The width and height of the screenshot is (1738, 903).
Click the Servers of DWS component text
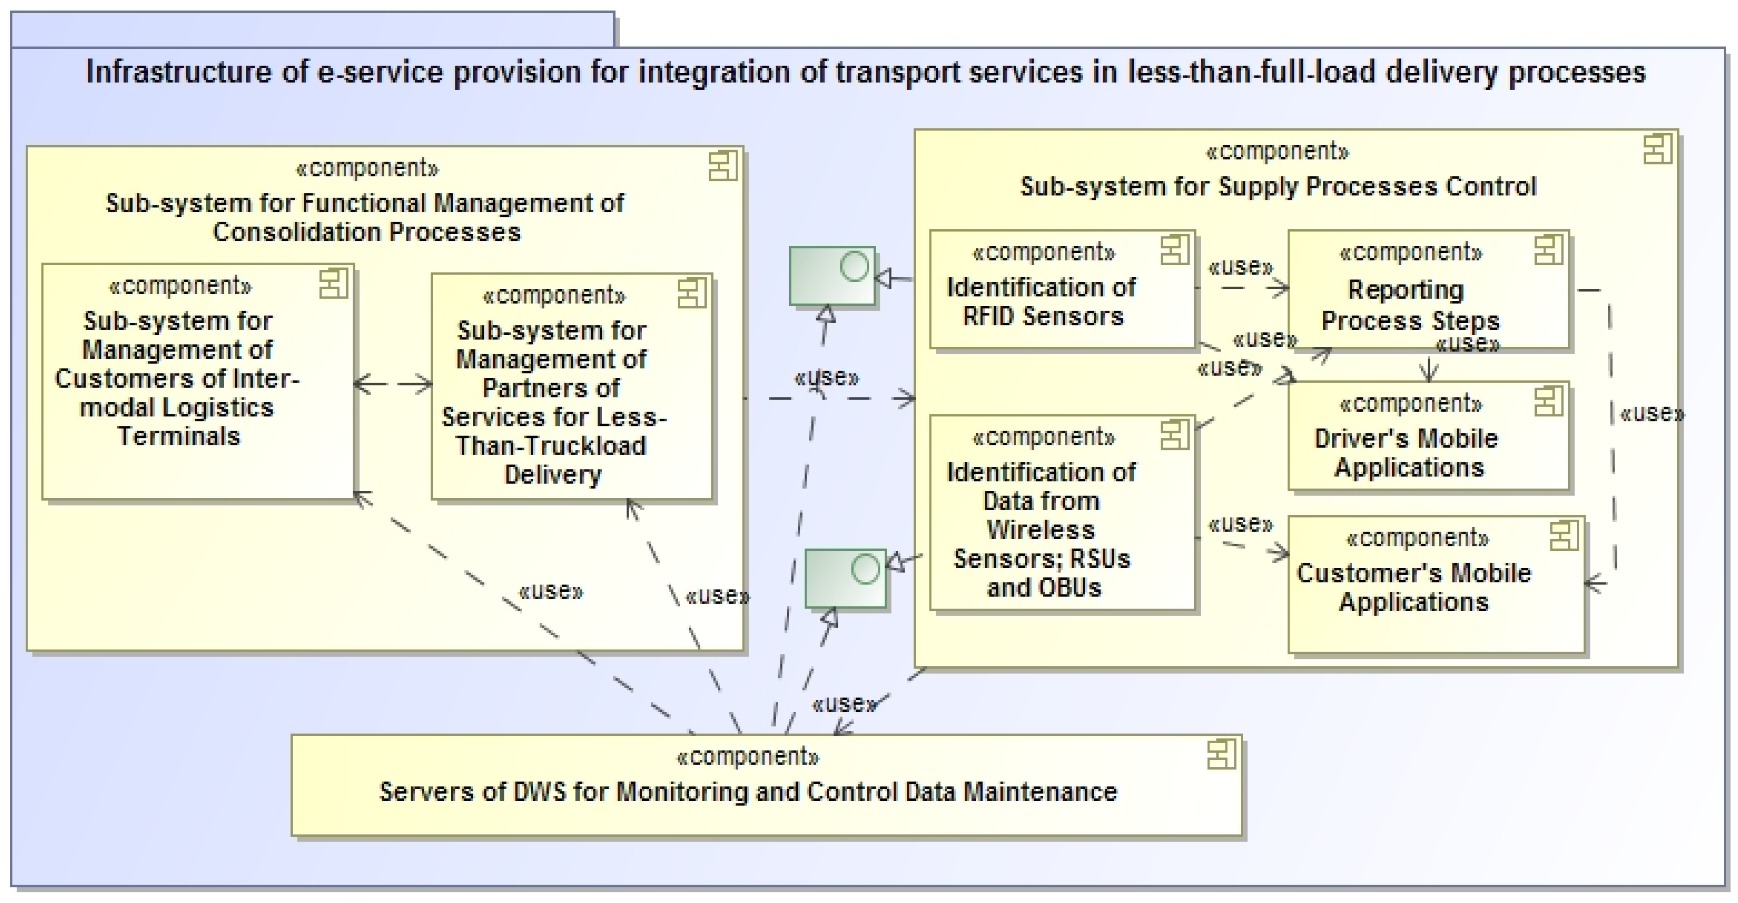tap(748, 792)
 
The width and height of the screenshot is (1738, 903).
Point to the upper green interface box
tap(831, 276)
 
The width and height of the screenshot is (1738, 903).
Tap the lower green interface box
tap(845, 578)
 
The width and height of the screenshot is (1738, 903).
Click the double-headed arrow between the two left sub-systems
tap(393, 384)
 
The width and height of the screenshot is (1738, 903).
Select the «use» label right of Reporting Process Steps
tap(1651, 414)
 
